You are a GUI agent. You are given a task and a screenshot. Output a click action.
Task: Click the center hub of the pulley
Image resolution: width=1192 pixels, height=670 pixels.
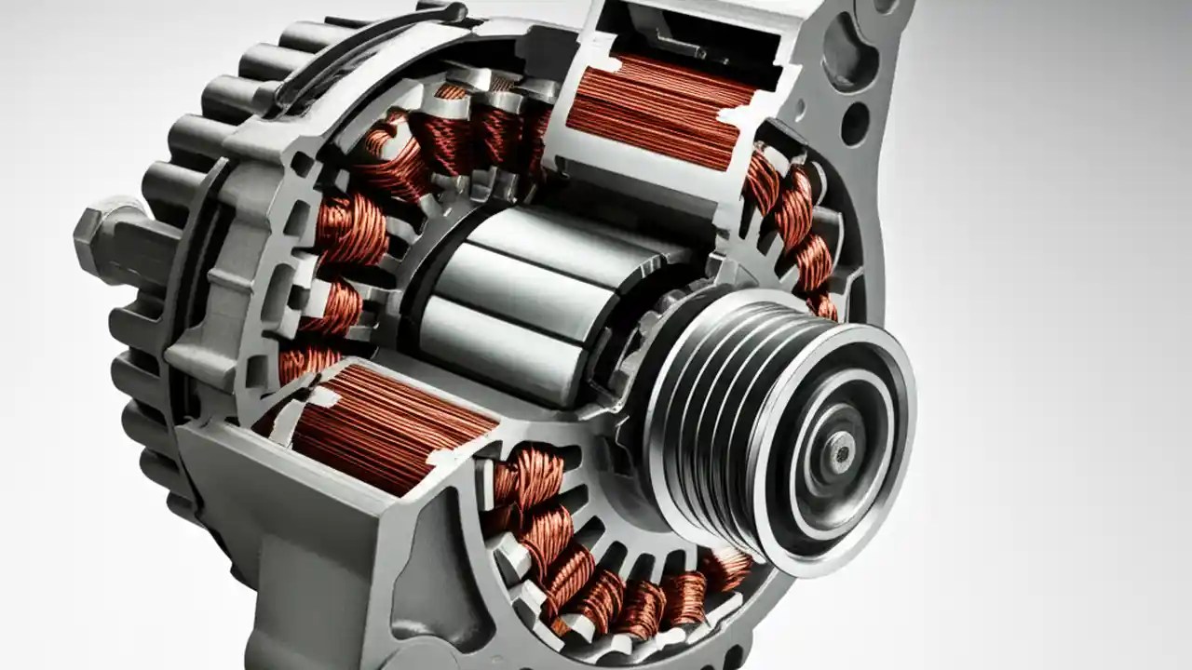841,452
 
